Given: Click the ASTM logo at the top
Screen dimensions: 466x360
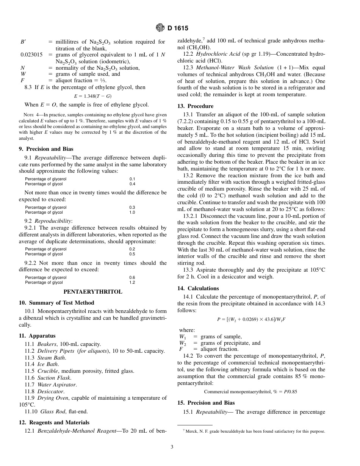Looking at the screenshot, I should coord(160,28).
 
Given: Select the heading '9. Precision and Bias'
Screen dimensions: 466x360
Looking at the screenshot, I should coord(46,149).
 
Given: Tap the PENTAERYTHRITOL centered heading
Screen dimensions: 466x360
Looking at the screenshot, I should coord(93,292).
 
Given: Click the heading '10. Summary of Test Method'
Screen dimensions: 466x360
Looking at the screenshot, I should coord(56,303).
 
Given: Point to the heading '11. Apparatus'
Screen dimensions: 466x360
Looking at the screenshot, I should coord(37,336).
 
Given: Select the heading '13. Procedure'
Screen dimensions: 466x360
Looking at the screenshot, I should coord(196,106).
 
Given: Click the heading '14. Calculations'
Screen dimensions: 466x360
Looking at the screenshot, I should coord(198,288).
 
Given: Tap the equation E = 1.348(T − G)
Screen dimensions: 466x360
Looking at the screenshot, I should coord(93,96).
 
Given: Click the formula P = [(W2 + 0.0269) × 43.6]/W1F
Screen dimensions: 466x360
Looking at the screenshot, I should coord(251,319).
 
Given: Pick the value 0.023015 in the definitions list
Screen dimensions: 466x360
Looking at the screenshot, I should coord(31,55).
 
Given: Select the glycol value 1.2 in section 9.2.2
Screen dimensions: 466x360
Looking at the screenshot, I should coord(132,282).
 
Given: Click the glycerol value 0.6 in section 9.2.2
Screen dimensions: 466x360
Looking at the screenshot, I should coord(132,277).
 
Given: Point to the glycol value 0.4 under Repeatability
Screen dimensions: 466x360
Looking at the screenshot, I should coord(132,184).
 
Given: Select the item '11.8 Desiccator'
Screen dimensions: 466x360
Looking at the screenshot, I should coord(44,391).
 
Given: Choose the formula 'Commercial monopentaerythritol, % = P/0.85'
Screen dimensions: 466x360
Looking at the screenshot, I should coord(250,391).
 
